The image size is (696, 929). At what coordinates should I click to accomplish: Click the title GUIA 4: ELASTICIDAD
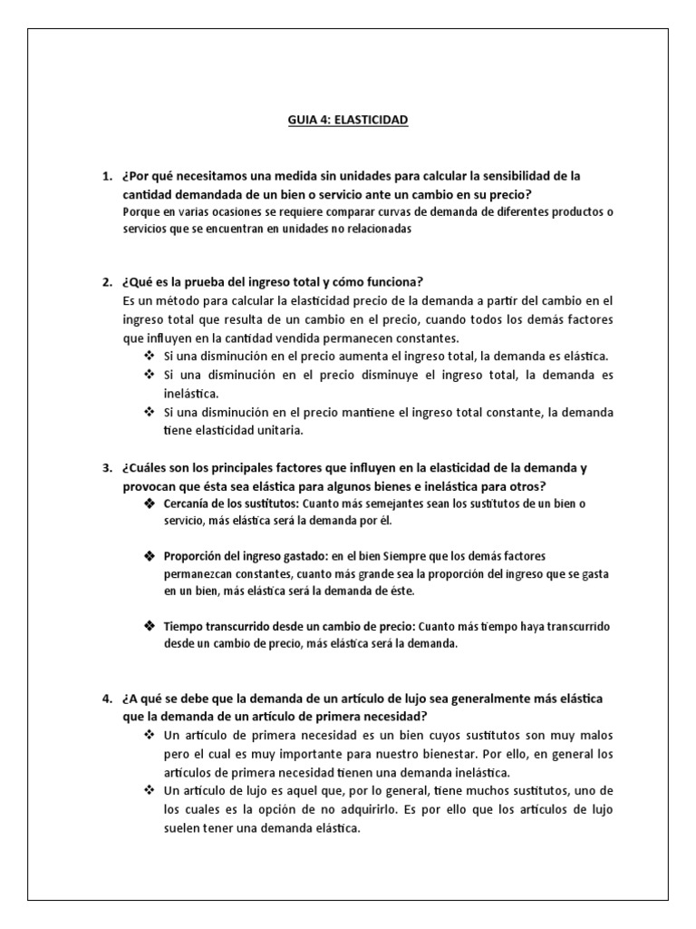pos(348,119)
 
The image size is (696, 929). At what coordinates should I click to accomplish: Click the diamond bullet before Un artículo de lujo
pos(149,791)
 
